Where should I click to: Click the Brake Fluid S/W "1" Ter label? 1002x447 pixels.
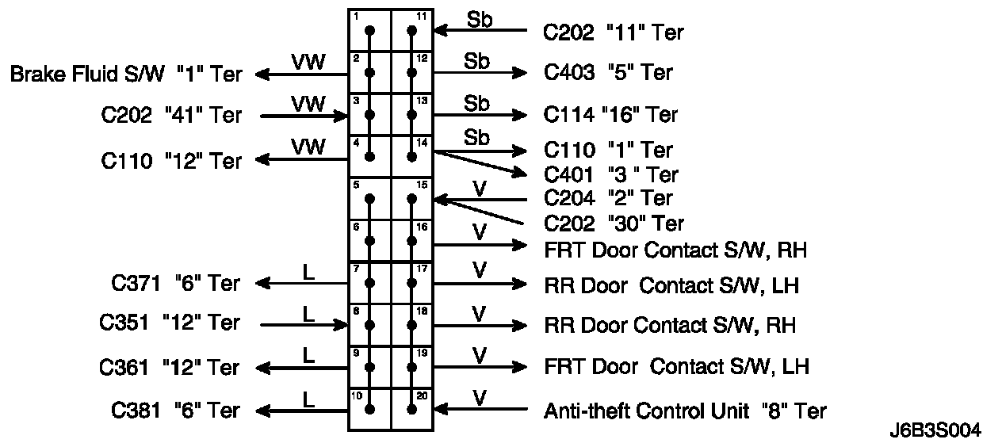[125, 74]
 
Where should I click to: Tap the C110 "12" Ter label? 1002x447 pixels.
[171, 161]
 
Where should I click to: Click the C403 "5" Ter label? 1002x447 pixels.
[607, 73]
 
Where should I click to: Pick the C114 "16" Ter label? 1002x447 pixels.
[610, 114]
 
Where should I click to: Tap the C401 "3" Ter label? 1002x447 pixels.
[610, 174]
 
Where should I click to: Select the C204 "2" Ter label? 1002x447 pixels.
[607, 197]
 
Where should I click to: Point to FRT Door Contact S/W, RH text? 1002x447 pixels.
[675, 250]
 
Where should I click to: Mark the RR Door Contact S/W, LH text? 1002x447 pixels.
[671, 285]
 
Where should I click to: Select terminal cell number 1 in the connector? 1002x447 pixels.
[370, 31]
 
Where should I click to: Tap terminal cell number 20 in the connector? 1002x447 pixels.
[412, 409]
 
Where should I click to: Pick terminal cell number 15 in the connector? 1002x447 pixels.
[412, 198]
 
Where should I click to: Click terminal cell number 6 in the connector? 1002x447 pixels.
[370, 240]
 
